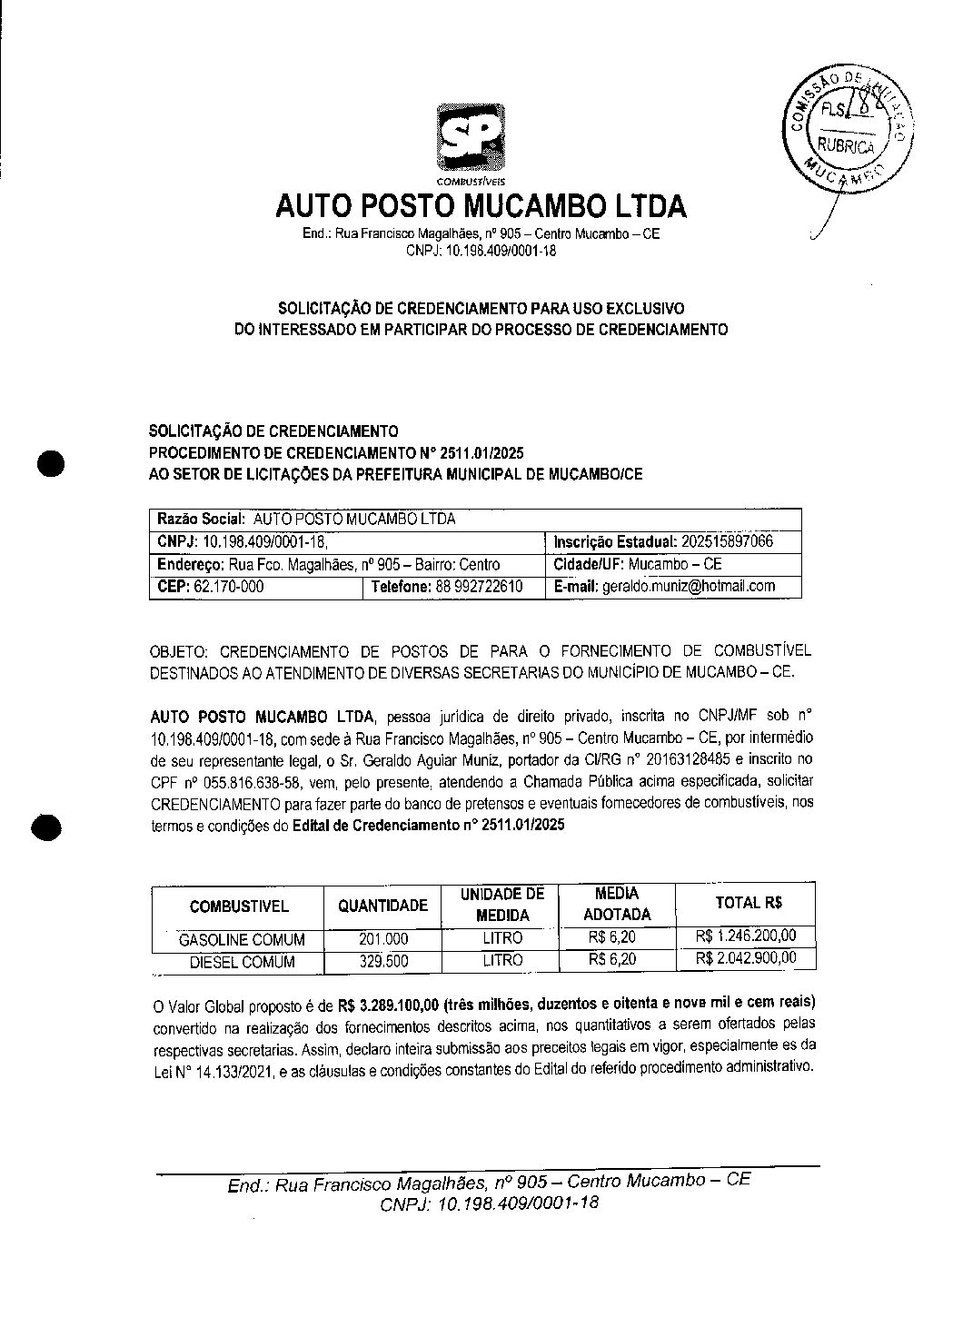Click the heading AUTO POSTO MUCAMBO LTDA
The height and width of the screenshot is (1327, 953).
click(x=481, y=207)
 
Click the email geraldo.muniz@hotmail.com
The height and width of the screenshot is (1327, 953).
click(x=689, y=587)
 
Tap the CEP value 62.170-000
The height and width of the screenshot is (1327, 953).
click(x=230, y=587)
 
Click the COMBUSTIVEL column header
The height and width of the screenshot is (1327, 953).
click(x=239, y=906)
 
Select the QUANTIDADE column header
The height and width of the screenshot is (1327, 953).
click(x=382, y=906)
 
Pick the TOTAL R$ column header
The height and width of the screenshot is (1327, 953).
click(x=749, y=903)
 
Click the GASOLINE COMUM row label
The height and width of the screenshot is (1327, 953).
click(x=241, y=939)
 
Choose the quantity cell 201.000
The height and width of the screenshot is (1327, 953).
click(x=383, y=939)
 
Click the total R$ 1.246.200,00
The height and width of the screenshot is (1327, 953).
click(x=746, y=936)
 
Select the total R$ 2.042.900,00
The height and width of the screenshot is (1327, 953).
click(x=746, y=958)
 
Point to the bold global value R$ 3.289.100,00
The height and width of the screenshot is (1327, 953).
click(x=389, y=1005)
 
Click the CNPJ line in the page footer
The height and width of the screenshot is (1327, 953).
click(x=490, y=1203)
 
